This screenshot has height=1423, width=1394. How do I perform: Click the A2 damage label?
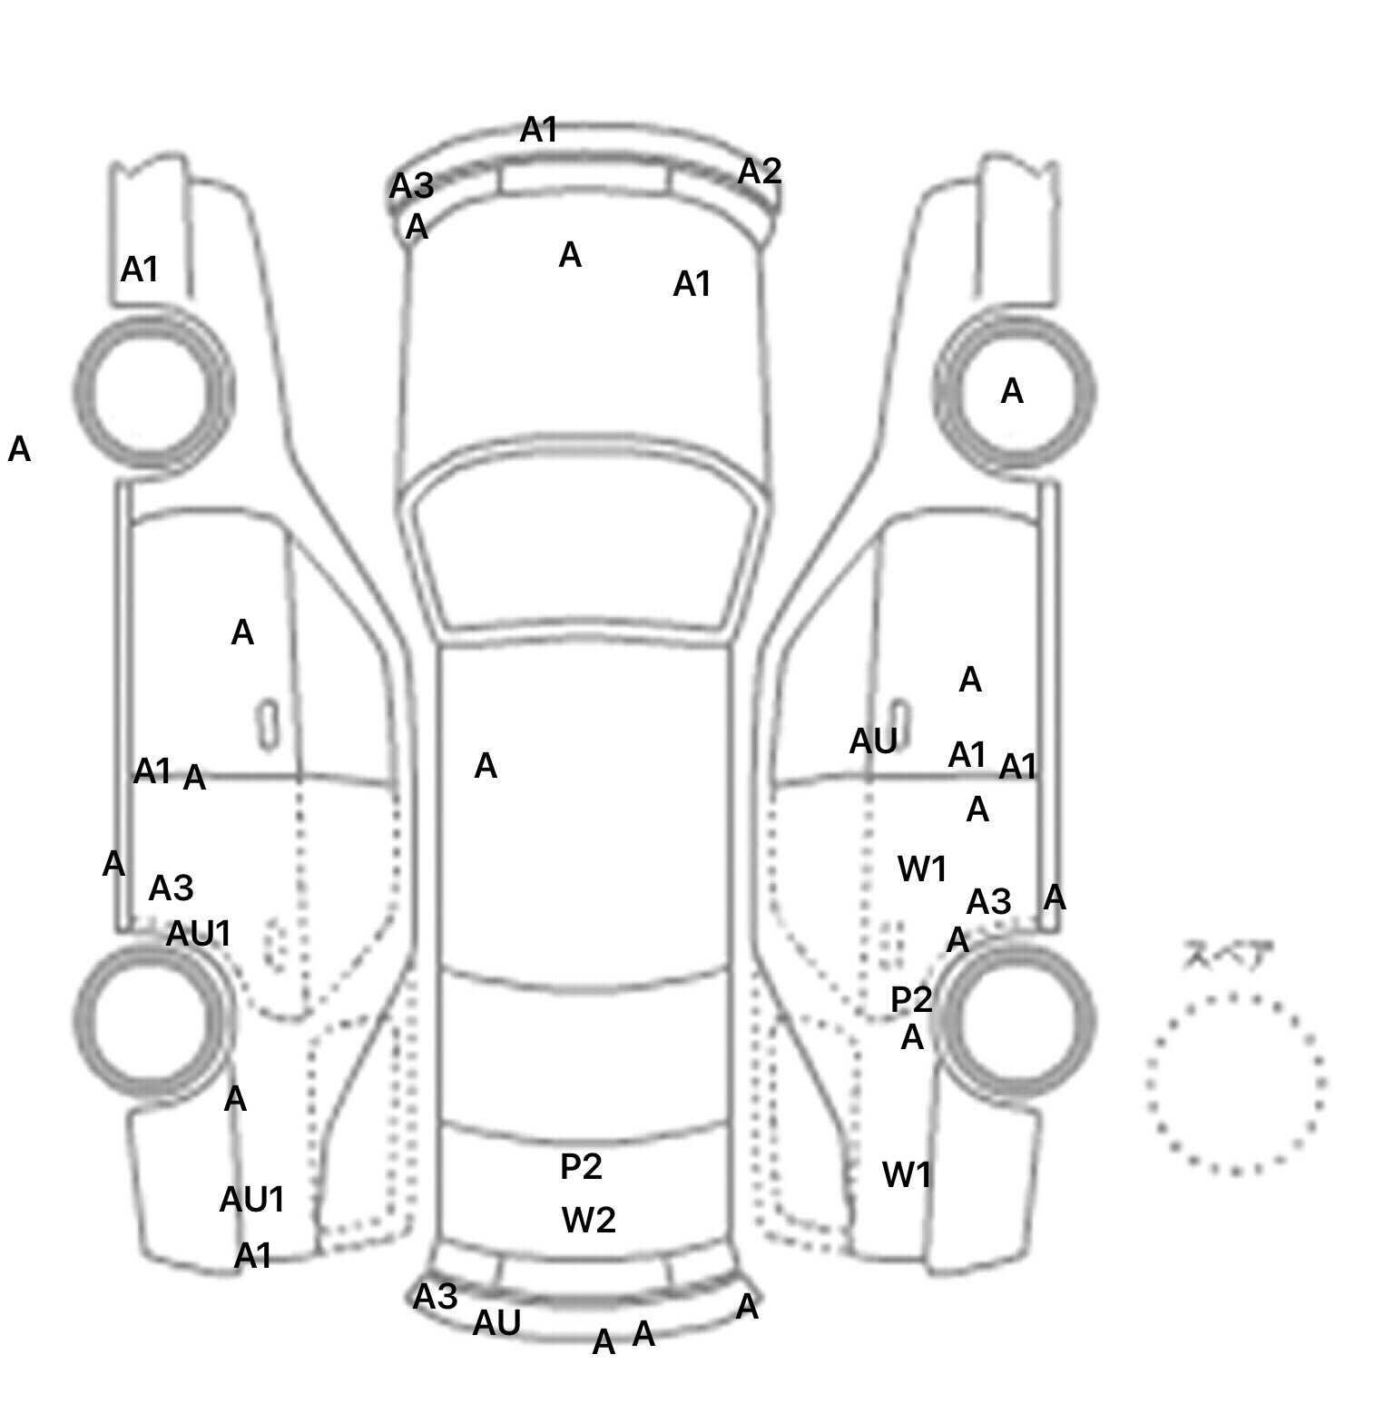click(x=759, y=172)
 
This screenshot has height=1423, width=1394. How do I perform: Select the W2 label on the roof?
click(x=588, y=1220)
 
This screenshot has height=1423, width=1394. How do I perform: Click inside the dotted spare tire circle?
click(x=1235, y=1084)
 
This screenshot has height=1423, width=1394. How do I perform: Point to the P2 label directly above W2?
click(x=581, y=1167)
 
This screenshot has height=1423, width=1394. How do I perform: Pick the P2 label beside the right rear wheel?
click(x=911, y=1000)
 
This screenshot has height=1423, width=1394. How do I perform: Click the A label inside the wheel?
click(x=1011, y=392)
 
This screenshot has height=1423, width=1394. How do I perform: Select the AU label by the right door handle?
click(x=872, y=742)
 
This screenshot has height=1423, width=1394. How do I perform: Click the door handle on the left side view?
click(x=267, y=724)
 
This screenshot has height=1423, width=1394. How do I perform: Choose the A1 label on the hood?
click(x=692, y=285)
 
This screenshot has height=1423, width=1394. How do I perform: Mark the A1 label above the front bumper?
click(x=538, y=131)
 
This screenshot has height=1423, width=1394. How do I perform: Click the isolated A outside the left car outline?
click(x=19, y=449)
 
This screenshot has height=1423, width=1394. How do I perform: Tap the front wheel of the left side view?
click(x=153, y=390)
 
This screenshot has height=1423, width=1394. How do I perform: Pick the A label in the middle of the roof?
click(x=486, y=767)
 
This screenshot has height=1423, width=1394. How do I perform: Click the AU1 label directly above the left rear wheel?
click(x=199, y=934)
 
